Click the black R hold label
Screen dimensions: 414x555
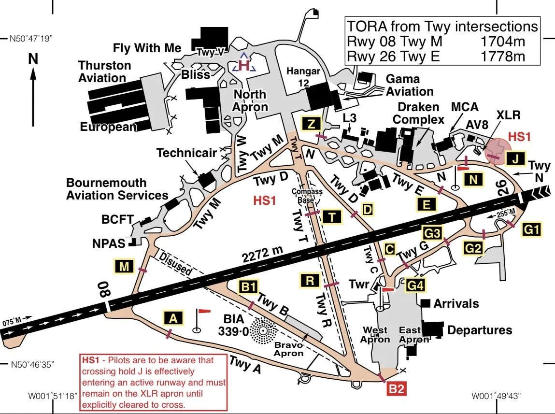[310, 280]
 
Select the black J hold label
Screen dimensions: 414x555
[516, 158]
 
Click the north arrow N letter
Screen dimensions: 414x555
[33, 59]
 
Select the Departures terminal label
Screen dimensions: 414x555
[480, 330]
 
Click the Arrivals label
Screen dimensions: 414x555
[456, 304]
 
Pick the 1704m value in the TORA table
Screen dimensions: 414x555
[502, 42]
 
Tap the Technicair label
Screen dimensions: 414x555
[186, 153]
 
